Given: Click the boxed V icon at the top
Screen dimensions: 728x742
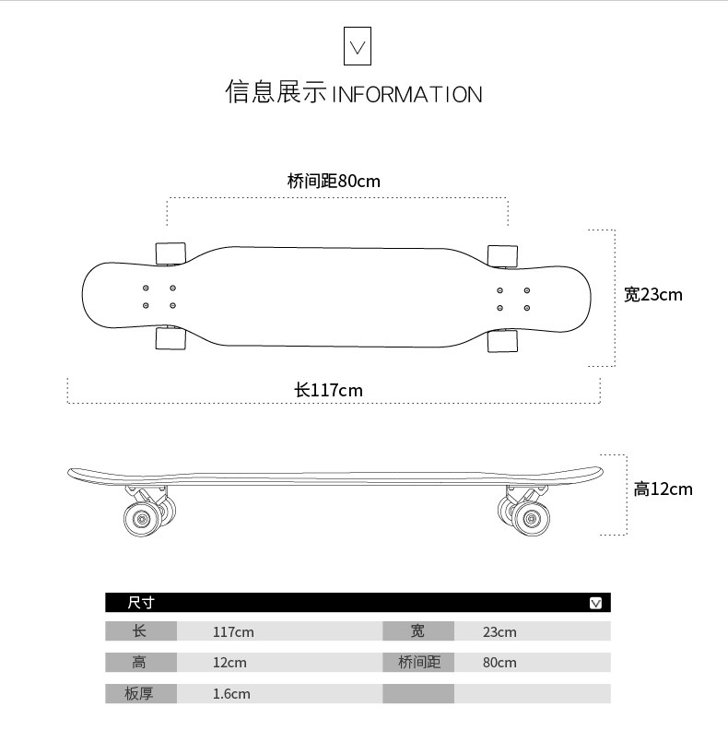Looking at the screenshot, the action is point(357,46).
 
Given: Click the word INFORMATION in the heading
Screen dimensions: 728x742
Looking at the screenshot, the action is point(406,95).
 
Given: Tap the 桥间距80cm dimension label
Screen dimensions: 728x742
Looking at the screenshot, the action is point(334,182).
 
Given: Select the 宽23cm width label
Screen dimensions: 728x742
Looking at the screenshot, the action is point(653,295).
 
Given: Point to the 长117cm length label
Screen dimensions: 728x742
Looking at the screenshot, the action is point(328,391).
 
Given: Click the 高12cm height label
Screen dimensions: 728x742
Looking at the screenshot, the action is point(663,489).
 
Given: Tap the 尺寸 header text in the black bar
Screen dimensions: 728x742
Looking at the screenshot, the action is point(141,603).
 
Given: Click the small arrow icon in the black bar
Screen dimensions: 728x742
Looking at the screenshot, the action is point(595,603).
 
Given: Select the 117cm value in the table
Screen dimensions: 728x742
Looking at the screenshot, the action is point(233,632).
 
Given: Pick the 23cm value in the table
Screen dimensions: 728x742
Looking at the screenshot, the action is point(499,632).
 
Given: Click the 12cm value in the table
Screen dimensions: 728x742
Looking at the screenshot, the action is point(229,663).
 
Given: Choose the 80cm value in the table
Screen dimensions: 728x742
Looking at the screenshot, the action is point(499,663).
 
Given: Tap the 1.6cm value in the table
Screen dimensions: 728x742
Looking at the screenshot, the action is point(231,694).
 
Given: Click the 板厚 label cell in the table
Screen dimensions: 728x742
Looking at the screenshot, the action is point(139,694).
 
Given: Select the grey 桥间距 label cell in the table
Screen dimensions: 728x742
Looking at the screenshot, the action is point(418,663).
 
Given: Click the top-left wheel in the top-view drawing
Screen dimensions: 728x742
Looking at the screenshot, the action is point(170,253).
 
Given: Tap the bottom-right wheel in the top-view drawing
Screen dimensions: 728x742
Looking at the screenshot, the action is point(502,340).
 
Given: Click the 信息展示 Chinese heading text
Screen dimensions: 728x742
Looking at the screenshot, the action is point(276,93).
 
